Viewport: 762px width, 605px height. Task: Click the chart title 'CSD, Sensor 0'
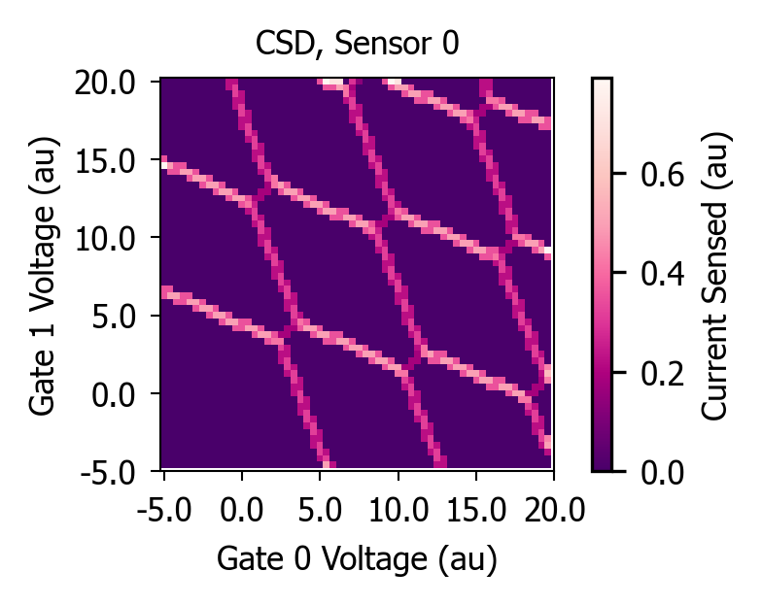[x=358, y=43]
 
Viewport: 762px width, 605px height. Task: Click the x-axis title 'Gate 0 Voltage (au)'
[x=358, y=559]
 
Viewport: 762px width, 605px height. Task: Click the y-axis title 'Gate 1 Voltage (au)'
[x=45, y=276]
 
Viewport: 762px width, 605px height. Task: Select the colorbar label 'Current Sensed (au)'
[x=715, y=276]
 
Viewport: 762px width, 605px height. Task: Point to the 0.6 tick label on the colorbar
[x=663, y=174]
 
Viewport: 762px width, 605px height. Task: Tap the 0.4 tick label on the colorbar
[x=663, y=274]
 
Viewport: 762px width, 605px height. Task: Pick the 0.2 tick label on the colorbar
[x=663, y=373]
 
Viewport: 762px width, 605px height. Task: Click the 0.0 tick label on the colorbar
[x=663, y=472]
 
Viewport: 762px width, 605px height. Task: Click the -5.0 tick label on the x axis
[x=164, y=510]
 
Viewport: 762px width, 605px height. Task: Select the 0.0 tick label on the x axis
[x=242, y=510]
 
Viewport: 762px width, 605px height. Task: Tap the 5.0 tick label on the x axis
[x=320, y=510]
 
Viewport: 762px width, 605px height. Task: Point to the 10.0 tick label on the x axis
[x=398, y=510]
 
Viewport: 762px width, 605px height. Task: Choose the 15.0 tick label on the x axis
[x=476, y=510]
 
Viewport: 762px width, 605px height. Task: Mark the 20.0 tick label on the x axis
[x=554, y=510]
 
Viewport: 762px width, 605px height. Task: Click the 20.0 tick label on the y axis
[x=105, y=84]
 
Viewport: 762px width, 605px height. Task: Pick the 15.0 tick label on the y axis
[x=105, y=161]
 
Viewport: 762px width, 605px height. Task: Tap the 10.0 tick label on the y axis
[x=105, y=239]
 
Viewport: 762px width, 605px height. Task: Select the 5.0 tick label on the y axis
[x=113, y=317]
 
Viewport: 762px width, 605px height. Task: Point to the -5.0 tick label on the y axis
[x=108, y=472]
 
